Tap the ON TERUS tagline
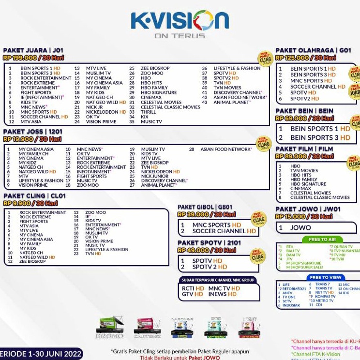pos(180,36)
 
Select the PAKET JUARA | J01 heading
pos(33,50)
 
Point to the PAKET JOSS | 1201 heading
pos(33,132)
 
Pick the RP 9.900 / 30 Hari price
pos(30,203)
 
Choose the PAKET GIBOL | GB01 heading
pos(205,207)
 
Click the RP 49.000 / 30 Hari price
pos(207,250)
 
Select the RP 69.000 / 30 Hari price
pos(304,118)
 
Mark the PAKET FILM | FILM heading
pos(304,149)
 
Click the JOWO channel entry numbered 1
pos(300,227)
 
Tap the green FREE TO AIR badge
pos(322,240)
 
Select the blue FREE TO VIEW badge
pos(325,277)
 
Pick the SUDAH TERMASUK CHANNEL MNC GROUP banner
pos(218,280)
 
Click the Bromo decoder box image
pos(110,327)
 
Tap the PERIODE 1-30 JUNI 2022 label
pos(41,354)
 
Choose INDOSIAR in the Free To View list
pos(291,305)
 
